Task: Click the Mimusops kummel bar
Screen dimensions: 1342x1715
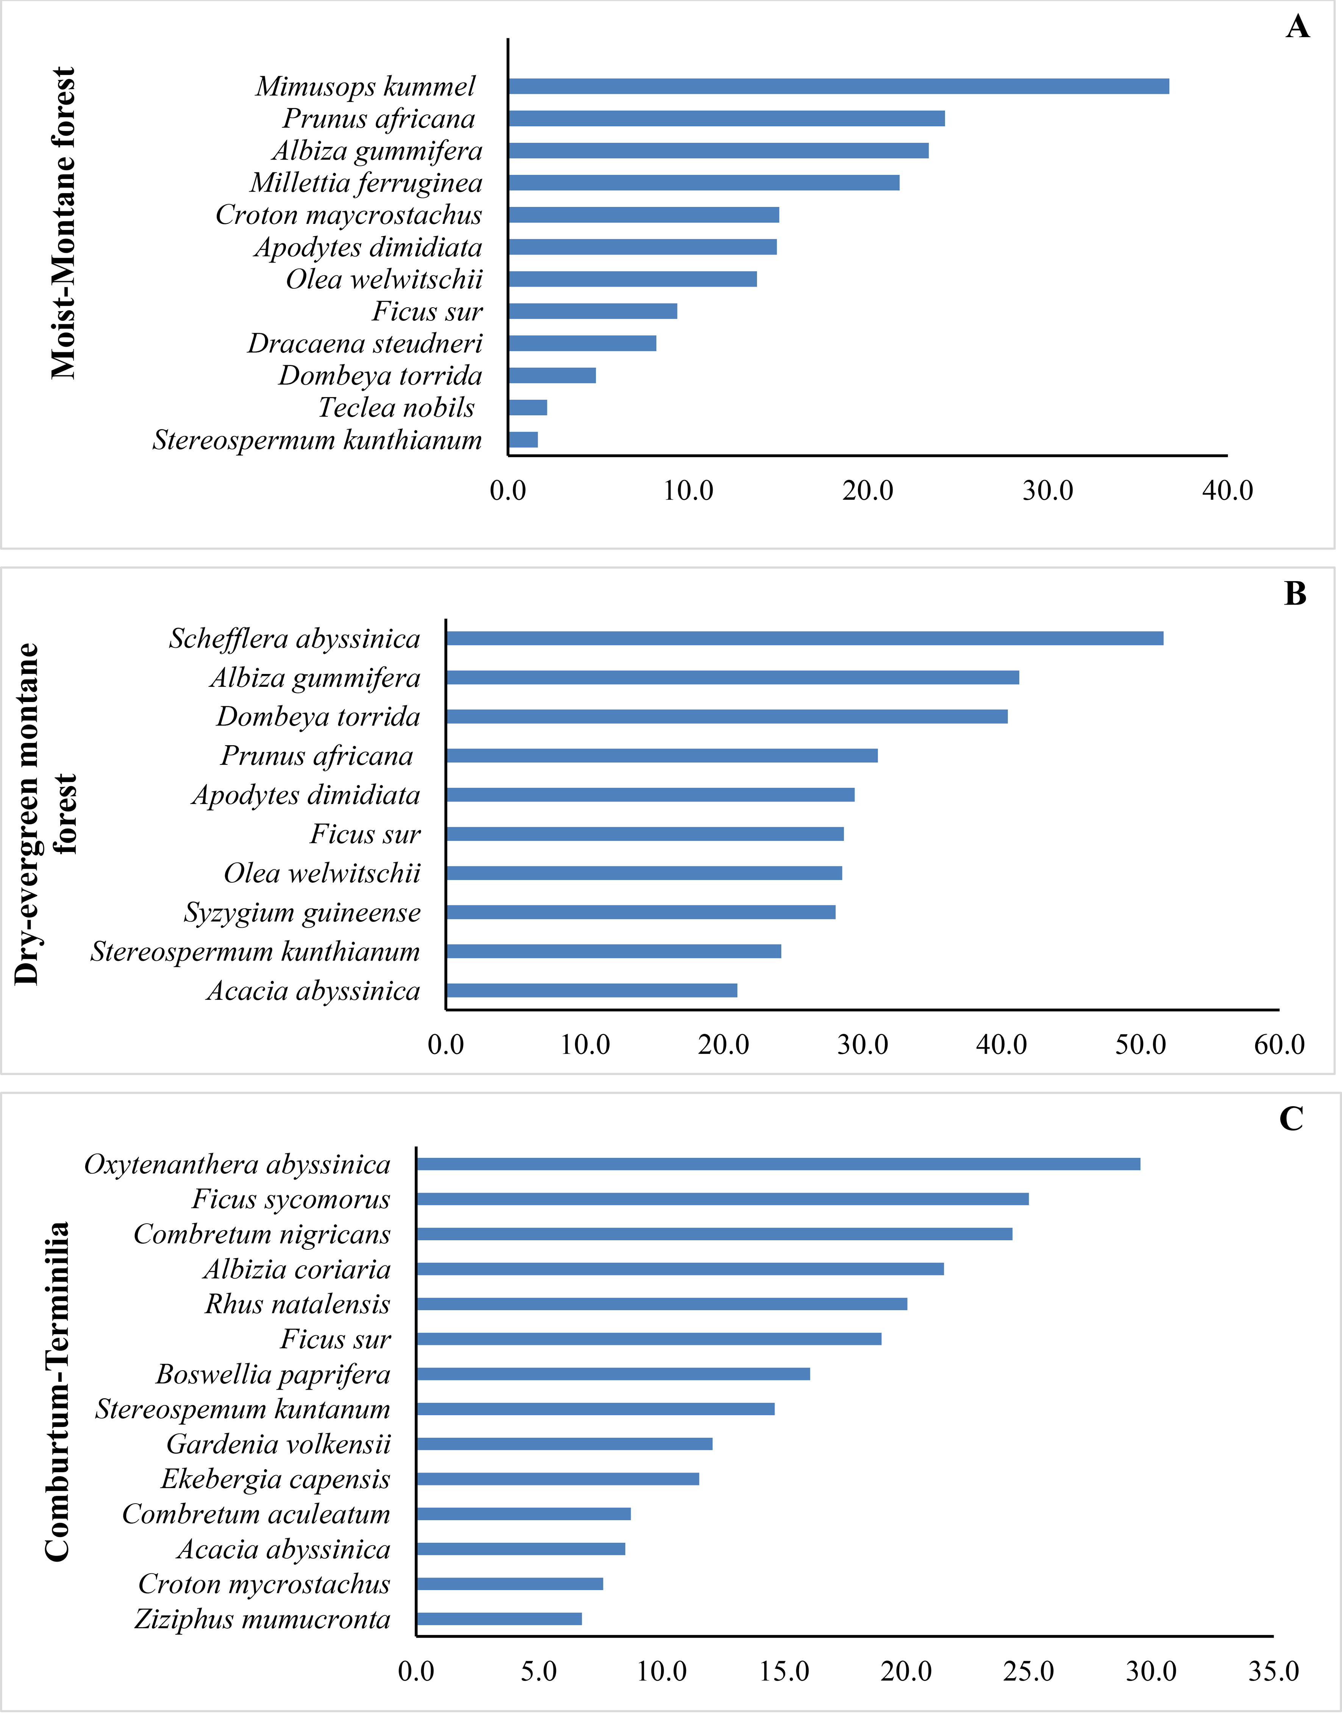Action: pos(838,86)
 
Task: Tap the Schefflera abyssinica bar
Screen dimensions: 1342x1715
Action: pos(805,638)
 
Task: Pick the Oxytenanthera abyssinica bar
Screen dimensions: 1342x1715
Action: pos(778,1163)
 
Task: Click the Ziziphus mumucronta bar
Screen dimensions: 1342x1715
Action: pos(499,1618)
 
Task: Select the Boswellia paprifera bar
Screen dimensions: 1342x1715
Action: pos(613,1373)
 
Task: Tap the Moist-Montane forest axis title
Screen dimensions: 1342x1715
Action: pos(63,223)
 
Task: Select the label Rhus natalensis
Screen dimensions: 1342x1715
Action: pos(298,1303)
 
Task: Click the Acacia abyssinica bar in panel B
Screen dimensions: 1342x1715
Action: pos(592,990)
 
